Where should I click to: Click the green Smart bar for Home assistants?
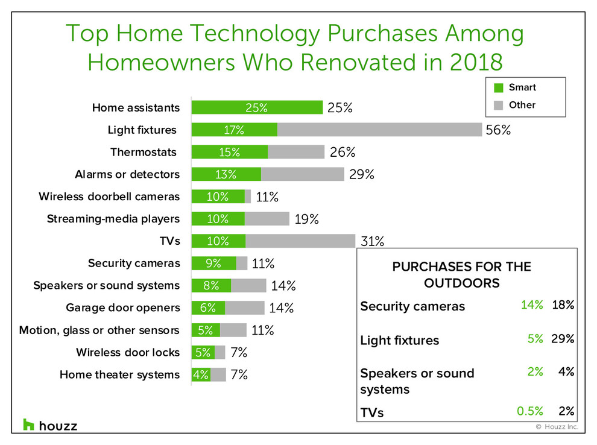click(257, 107)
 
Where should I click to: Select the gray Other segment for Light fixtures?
click(379, 130)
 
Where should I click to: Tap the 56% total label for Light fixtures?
click(498, 130)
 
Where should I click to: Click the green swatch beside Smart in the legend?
click(498, 88)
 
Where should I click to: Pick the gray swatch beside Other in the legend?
click(498, 106)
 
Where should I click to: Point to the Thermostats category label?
click(144, 152)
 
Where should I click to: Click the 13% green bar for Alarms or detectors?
click(226, 174)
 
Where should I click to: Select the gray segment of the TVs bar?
click(300, 241)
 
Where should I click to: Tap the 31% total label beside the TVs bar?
click(372, 241)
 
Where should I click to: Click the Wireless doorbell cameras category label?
click(109, 197)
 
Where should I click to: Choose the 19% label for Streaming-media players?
click(306, 219)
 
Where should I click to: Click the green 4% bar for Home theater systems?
click(201, 374)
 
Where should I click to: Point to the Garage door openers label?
click(123, 308)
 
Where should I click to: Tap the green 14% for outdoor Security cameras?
click(532, 305)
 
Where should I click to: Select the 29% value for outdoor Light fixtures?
click(563, 338)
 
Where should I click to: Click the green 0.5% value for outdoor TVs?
click(529, 411)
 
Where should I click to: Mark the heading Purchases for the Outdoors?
click(462, 274)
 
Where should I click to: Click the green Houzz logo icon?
click(28, 424)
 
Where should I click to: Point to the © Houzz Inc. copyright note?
click(557, 427)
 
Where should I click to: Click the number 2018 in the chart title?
click(476, 62)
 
